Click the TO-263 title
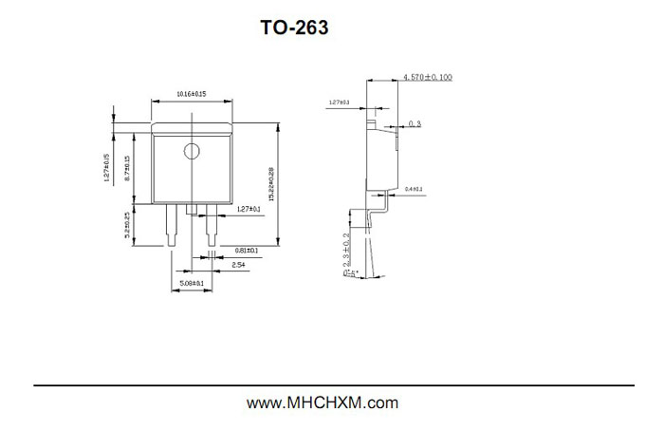click(294, 28)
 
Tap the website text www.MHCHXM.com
click(323, 402)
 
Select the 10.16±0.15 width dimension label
click(192, 94)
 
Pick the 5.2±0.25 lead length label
click(126, 226)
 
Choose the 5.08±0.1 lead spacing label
click(193, 283)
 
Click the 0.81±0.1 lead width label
click(246, 251)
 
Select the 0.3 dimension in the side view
click(414, 123)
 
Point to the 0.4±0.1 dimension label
click(415, 190)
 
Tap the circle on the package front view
click(193, 151)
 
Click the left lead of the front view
click(172, 225)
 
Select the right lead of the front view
click(212, 225)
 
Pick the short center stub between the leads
click(193, 208)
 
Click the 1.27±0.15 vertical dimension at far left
click(107, 168)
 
